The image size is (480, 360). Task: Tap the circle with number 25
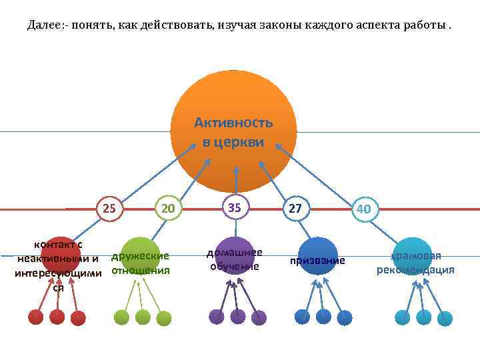tap(110, 209)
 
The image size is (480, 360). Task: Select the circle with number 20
tap(168, 209)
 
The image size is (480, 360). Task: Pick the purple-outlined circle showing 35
tap(235, 208)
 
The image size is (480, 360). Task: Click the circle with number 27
tap(295, 209)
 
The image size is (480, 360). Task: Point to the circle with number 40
tap(364, 209)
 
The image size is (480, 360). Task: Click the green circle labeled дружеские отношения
tap(140, 255)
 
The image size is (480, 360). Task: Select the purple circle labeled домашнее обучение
tap(234, 255)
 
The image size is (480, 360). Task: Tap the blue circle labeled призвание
tap(318, 256)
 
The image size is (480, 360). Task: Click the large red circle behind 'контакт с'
tap(61, 255)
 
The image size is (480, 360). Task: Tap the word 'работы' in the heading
tap(426, 25)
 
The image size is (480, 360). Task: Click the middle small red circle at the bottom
tap(57, 317)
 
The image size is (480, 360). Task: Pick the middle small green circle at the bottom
tap(143, 317)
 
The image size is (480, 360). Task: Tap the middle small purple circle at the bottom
tap(237, 317)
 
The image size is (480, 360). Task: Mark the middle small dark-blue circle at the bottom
tap(323, 317)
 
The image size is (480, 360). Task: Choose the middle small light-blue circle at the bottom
tap(423, 317)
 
